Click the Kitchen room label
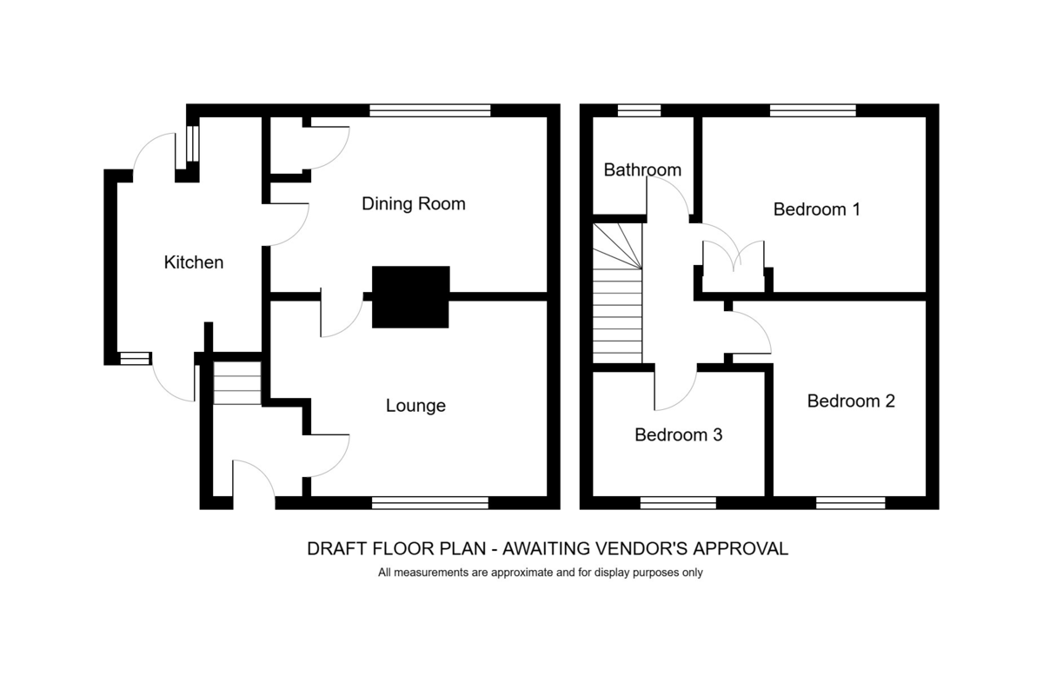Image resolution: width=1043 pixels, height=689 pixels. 194,262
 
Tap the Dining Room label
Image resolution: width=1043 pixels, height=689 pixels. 414,204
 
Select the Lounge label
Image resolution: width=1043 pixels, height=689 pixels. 415,406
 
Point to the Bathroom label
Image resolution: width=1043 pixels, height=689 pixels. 642,170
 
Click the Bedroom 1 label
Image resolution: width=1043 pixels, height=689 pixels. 817,209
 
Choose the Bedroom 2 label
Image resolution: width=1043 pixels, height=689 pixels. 851,401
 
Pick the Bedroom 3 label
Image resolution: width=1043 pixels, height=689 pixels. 679,434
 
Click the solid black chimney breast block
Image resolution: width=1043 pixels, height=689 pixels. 410,297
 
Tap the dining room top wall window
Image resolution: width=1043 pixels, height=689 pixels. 430,110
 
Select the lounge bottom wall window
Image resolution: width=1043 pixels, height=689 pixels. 430,503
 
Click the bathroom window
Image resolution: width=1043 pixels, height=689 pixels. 640,110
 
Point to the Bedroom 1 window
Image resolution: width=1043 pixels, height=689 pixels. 813,110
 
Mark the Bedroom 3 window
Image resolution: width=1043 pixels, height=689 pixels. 678,503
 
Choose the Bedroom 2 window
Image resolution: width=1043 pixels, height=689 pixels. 851,503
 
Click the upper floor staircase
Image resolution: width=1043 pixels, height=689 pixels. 617,294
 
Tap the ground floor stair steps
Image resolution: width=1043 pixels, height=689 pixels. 237,383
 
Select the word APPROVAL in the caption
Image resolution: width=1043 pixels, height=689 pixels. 741,549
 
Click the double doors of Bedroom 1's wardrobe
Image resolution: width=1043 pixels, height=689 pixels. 734,256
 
